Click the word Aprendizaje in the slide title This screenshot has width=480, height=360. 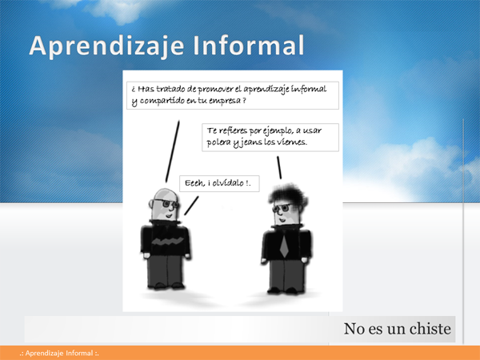tap(106, 46)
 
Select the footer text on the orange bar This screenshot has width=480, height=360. tap(59, 354)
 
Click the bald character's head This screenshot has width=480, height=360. tap(165, 204)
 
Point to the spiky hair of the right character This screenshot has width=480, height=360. tap(288, 195)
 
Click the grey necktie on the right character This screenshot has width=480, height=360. tap(284, 245)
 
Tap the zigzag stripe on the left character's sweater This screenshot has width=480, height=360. tap(166, 242)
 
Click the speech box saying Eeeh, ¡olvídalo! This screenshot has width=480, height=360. tap(219, 183)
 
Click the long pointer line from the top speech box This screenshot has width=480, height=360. tap(173, 151)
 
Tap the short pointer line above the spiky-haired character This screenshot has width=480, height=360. tap(279, 167)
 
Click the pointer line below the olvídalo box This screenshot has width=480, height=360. tap(191, 206)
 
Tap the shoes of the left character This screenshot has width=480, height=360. tap(166, 286)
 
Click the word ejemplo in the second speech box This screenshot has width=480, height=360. tap(276, 131)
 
